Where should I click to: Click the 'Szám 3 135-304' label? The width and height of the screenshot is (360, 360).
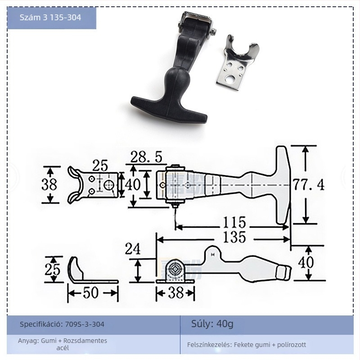coord(51,18)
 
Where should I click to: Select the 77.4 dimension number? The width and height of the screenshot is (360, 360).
coord(308,184)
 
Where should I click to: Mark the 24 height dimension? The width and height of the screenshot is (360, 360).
coord(133,248)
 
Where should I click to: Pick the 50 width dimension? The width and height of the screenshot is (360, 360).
coord(91,292)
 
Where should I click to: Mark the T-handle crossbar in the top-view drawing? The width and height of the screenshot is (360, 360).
coord(282,184)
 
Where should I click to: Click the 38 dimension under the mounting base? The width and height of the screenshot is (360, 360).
coord(175,293)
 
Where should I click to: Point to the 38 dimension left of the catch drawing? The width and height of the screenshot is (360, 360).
coord(49,185)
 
